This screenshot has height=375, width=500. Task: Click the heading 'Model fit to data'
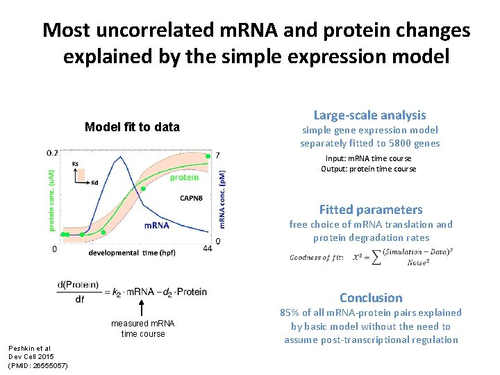(x=132, y=127)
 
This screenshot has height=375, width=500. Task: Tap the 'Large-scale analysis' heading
(x=369, y=115)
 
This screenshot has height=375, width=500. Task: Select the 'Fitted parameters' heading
(x=370, y=210)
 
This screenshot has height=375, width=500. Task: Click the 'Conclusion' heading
(x=371, y=298)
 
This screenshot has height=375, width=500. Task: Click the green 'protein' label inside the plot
(x=184, y=178)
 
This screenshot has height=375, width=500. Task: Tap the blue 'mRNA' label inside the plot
(x=157, y=225)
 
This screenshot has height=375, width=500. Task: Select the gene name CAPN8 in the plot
(x=191, y=198)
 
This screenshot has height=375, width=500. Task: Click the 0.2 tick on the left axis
(x=52, y=153)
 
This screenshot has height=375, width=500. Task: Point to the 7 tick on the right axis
(x=218, y=154)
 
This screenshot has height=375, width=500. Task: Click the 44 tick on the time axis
(x=207, y=249)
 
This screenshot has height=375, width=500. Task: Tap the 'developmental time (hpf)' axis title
(x=132, y=253)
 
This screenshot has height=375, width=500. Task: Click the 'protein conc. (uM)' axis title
(x=51, y=197)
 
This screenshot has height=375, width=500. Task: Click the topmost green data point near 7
(x=208, y=156)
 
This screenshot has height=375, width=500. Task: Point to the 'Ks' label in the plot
(x=75, y=164)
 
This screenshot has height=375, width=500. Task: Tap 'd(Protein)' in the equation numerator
(x=78, y=285)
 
